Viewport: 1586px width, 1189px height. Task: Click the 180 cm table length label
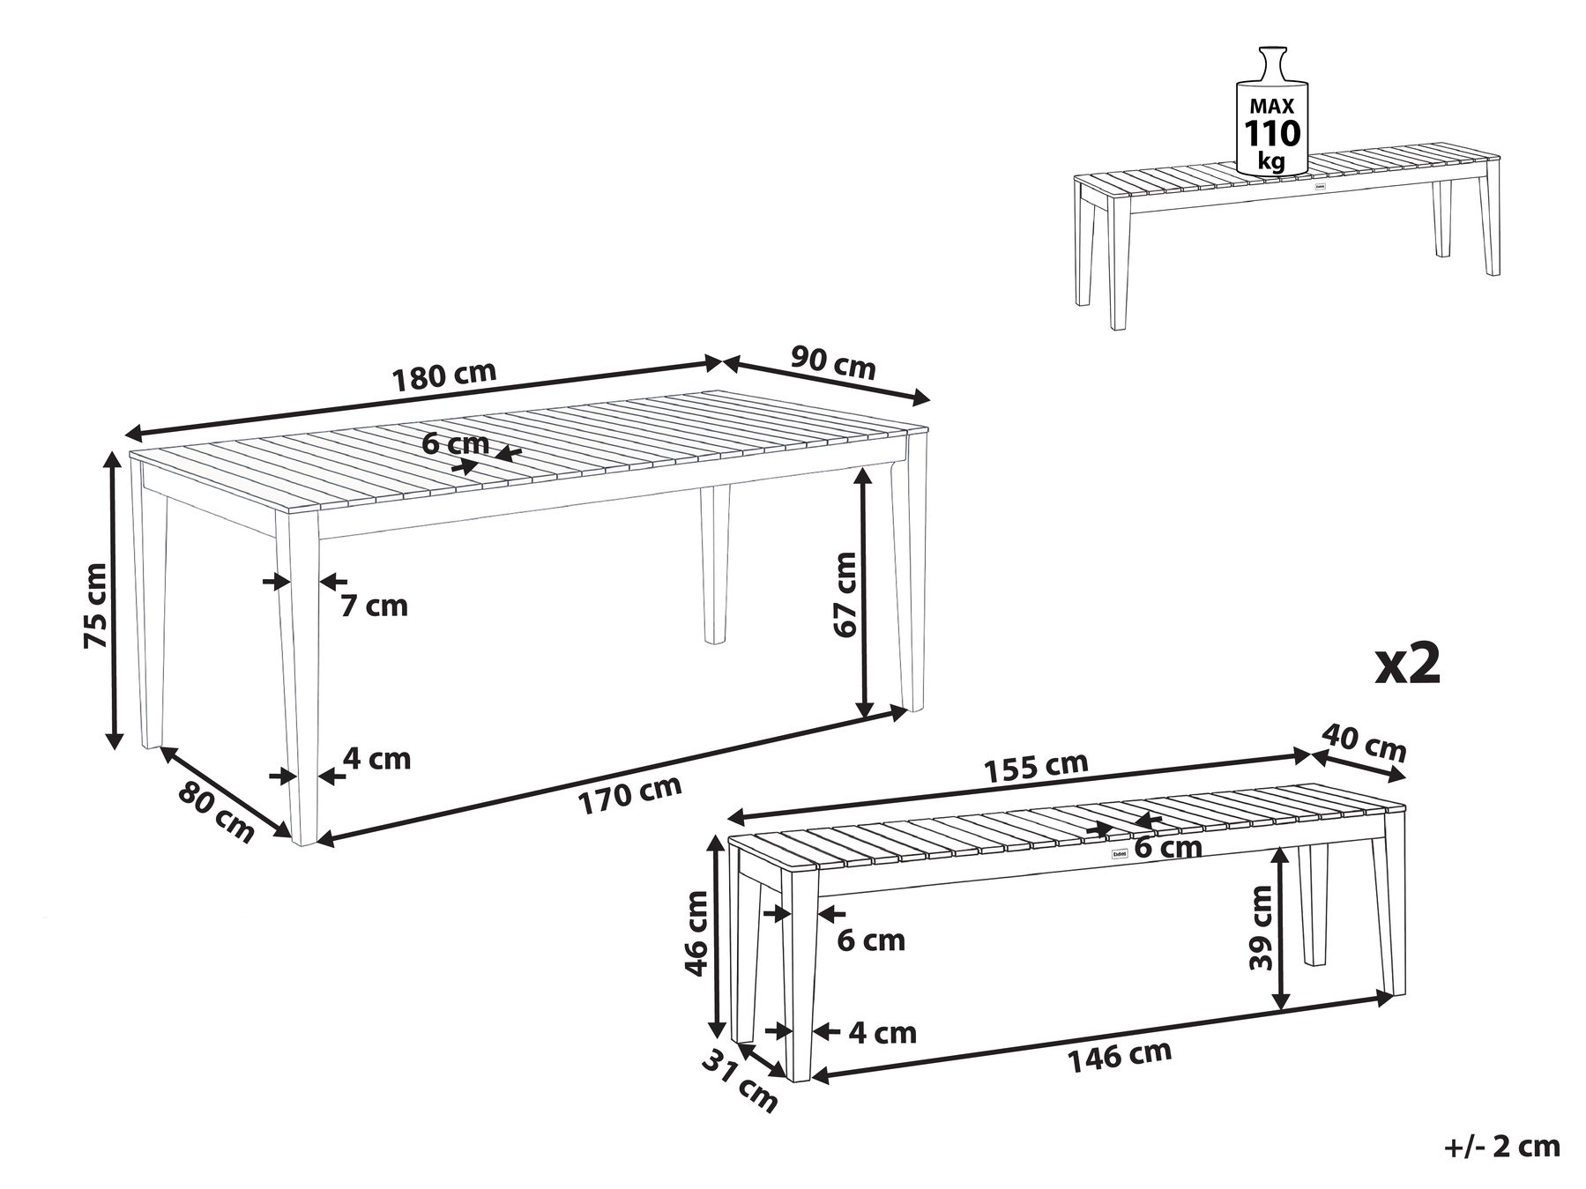[x=444, y=375]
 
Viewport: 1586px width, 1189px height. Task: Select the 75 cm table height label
[x=94, y=606]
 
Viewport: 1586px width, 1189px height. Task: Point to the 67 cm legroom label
[x=844, y=594]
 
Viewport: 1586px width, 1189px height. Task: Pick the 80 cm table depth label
[x=216, y=812]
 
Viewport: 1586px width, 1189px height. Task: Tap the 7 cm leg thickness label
[x=375, y=606]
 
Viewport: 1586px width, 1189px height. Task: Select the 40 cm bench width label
[x=1363, y=743]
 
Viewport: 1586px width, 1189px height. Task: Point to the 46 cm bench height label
[x=696, y=933]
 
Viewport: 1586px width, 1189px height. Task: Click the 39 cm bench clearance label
[x=1260, y=927]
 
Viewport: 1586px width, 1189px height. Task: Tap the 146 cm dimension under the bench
[x=1120, y=1056]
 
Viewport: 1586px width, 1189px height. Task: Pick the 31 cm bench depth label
[x=740, y=1082]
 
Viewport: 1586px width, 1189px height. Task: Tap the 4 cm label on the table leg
[x=377, y=758]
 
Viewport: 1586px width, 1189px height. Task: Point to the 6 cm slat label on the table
[x=456, y=442]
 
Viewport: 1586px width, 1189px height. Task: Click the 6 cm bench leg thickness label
[x=871, y=940]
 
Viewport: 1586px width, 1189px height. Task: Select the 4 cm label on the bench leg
[x=882, y=1032]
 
